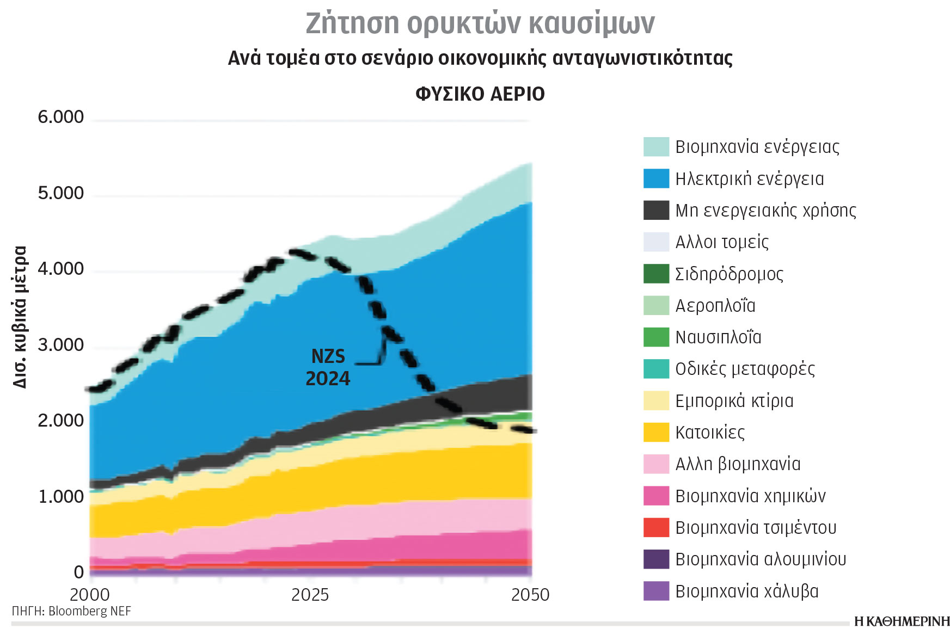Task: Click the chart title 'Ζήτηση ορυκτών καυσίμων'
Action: pyautogui.click(x=480, y=23)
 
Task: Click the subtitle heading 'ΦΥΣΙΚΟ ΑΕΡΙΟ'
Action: pyautogui.click(x=480, y=94)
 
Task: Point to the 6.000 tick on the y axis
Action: pyautogui.click(x=60, y=118)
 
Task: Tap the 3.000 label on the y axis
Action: pyautogui.click(x=60, y=345)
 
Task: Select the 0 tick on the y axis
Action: pyautogui.click(x=79, y=572)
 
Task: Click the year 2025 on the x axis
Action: pyautogui.click(x=310, y=595)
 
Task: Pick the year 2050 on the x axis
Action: pyautogui.click(x=530, y=595)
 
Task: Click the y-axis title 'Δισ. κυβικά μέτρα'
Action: pyautogui.click(x=20, y=317)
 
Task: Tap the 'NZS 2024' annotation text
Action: pyautogui.click(x=328, y=367)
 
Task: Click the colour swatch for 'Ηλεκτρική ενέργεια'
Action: pyautogui.click(x=656, y=178)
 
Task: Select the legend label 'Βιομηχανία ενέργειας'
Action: pyautogui.click(x=757, y=147)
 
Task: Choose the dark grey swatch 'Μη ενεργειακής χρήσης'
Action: pyautogui.click(x=656, y=210)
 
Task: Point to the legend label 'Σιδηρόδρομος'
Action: pyautogui.click(x=729, y=274)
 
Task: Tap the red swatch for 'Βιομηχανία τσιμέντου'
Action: pyautogui.click(x=656, y=527)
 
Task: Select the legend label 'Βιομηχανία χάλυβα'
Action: pyautogui.click(x=746, y=591)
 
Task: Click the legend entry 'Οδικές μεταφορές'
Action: pyautogui.click(x=744, y=369)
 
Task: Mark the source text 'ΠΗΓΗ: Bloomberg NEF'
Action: pyautogui.click(x=71, y=611)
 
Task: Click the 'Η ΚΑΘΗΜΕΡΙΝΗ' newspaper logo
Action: pyautogui.click(x=902, y=622)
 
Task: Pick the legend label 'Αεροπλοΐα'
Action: pyautogui.click(x=715, y=306)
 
